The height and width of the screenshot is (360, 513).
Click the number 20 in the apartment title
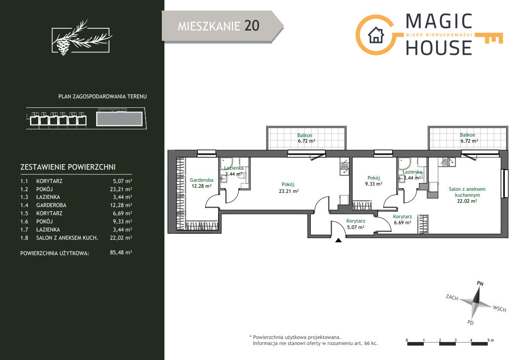(252, 26)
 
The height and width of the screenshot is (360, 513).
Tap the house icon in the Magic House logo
(376, 35)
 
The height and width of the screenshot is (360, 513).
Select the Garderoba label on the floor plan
(201, 180)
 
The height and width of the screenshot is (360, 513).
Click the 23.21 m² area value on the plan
(288, 191)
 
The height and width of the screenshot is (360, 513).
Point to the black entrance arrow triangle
(339, 240)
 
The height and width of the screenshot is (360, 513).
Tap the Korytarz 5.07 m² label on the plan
(355, 224)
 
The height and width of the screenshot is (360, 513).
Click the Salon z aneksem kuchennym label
(467, 192)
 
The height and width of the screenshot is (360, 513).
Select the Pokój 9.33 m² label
(373, 181)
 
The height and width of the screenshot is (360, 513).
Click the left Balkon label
(305, 135)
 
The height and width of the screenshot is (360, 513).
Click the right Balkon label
(467, 135)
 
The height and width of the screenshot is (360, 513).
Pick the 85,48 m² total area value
(121, 253)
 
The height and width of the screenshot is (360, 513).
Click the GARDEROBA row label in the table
(52, 205)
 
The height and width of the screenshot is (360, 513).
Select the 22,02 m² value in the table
(121, 238)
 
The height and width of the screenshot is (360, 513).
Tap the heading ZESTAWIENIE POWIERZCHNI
(68, 167)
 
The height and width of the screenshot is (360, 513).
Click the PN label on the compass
(480, 284)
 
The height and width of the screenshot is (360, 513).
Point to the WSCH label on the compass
(500, 308)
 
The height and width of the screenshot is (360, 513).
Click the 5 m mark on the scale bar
(490, 340)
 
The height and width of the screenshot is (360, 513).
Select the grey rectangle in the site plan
(119, 119)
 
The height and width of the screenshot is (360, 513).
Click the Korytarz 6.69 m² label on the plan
(402, 220)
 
